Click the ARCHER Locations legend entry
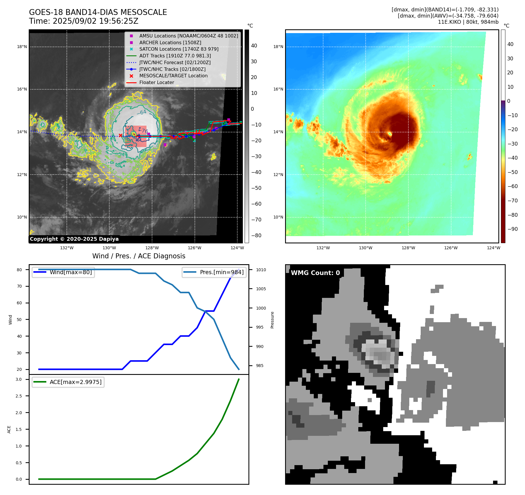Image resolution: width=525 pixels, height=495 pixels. point(170,42)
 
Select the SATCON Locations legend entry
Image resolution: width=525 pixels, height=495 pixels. point(179,49)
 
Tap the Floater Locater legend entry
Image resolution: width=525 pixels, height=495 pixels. point(156,83)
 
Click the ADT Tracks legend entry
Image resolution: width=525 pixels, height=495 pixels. point(175,56)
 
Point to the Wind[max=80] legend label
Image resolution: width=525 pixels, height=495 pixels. point(71,272)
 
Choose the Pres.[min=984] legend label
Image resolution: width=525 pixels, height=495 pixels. point(221,272)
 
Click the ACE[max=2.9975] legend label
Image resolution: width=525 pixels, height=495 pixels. point(76,382)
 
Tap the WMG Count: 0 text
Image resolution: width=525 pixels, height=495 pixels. point(315,273)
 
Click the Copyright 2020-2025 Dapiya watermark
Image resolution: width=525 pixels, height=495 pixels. point(74,239)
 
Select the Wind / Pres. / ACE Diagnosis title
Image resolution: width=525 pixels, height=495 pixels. point(139,256)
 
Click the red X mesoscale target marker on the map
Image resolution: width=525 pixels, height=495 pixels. point(120,135)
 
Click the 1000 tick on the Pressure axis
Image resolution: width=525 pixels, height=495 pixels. point(261,308)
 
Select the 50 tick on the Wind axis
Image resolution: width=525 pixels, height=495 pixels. point(19,320)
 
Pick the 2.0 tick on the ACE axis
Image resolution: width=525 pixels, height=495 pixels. point(19,413)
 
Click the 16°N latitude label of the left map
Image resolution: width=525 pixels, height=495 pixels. point(22,89)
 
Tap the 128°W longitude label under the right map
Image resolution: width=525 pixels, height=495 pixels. point(408,248)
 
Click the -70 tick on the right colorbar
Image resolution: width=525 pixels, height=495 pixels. point(512,201)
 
